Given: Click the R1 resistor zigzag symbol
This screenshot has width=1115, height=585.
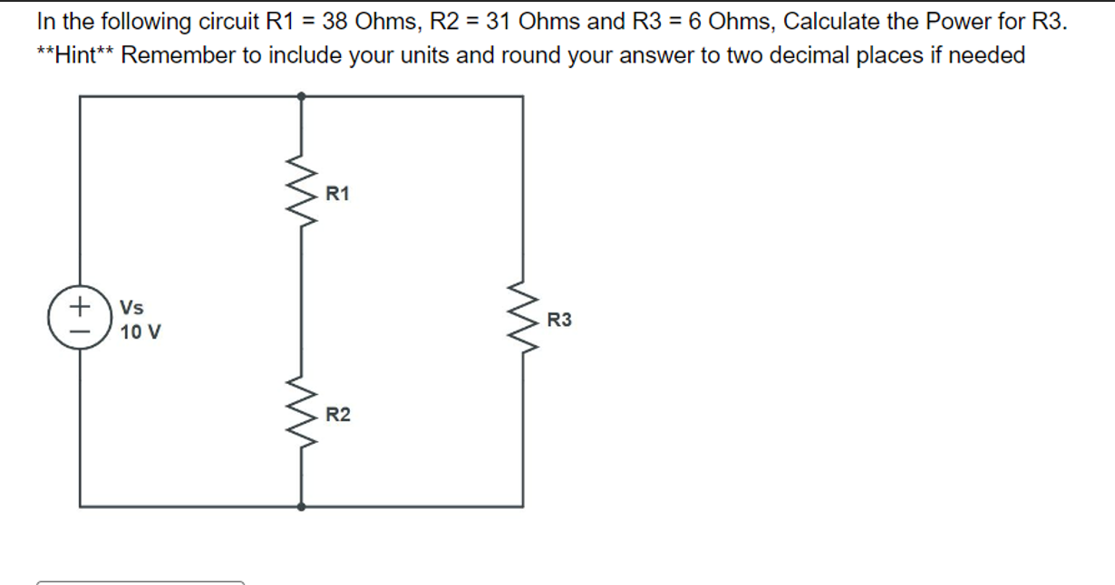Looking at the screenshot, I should (x=301, y=191).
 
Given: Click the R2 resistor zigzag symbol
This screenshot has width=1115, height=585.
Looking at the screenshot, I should (x=301, y=414).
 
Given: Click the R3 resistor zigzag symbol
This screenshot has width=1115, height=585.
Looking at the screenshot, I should (x=521, y=319).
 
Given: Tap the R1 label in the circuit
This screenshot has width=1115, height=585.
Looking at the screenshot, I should (x=337, y=193).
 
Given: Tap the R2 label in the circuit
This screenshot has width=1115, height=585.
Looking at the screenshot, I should (x=338, y=416).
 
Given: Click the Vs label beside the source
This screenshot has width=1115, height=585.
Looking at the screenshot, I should (x=131, y=308).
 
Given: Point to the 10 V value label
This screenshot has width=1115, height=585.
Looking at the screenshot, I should (x=141, y=332).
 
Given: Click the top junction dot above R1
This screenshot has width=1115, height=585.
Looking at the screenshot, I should (x=301, y=95).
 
